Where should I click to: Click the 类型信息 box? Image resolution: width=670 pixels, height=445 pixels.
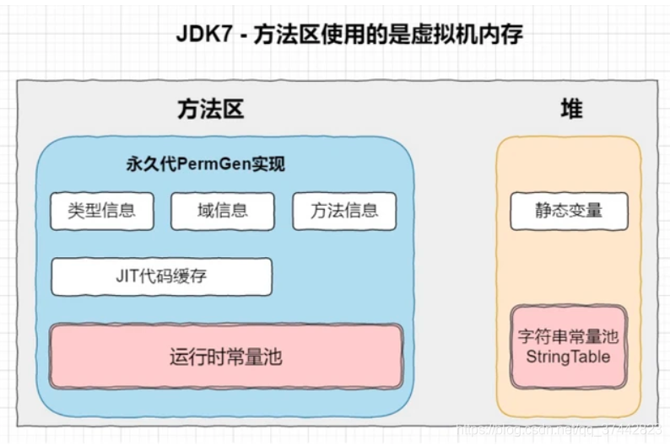pos(102,211)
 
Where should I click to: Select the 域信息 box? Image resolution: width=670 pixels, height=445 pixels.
pos(223,211)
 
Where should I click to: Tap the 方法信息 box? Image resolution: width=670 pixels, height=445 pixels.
pos(343,211)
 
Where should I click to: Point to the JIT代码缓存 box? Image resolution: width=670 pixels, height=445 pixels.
pos(161,276)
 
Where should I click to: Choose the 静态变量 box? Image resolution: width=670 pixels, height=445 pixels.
pos(569,211)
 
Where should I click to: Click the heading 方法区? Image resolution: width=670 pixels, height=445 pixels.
pos(210,110)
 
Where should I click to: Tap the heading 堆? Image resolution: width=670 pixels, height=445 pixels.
pos(571,110)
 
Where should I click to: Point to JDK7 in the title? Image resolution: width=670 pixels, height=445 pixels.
pos(203,35)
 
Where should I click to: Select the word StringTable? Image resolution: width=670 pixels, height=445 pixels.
pos(568,357)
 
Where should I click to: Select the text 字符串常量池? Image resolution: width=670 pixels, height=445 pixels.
pos(568,337)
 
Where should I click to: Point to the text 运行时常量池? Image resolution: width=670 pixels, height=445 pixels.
pos(225,357)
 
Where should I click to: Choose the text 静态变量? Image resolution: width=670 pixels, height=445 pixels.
pos(569,211)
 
